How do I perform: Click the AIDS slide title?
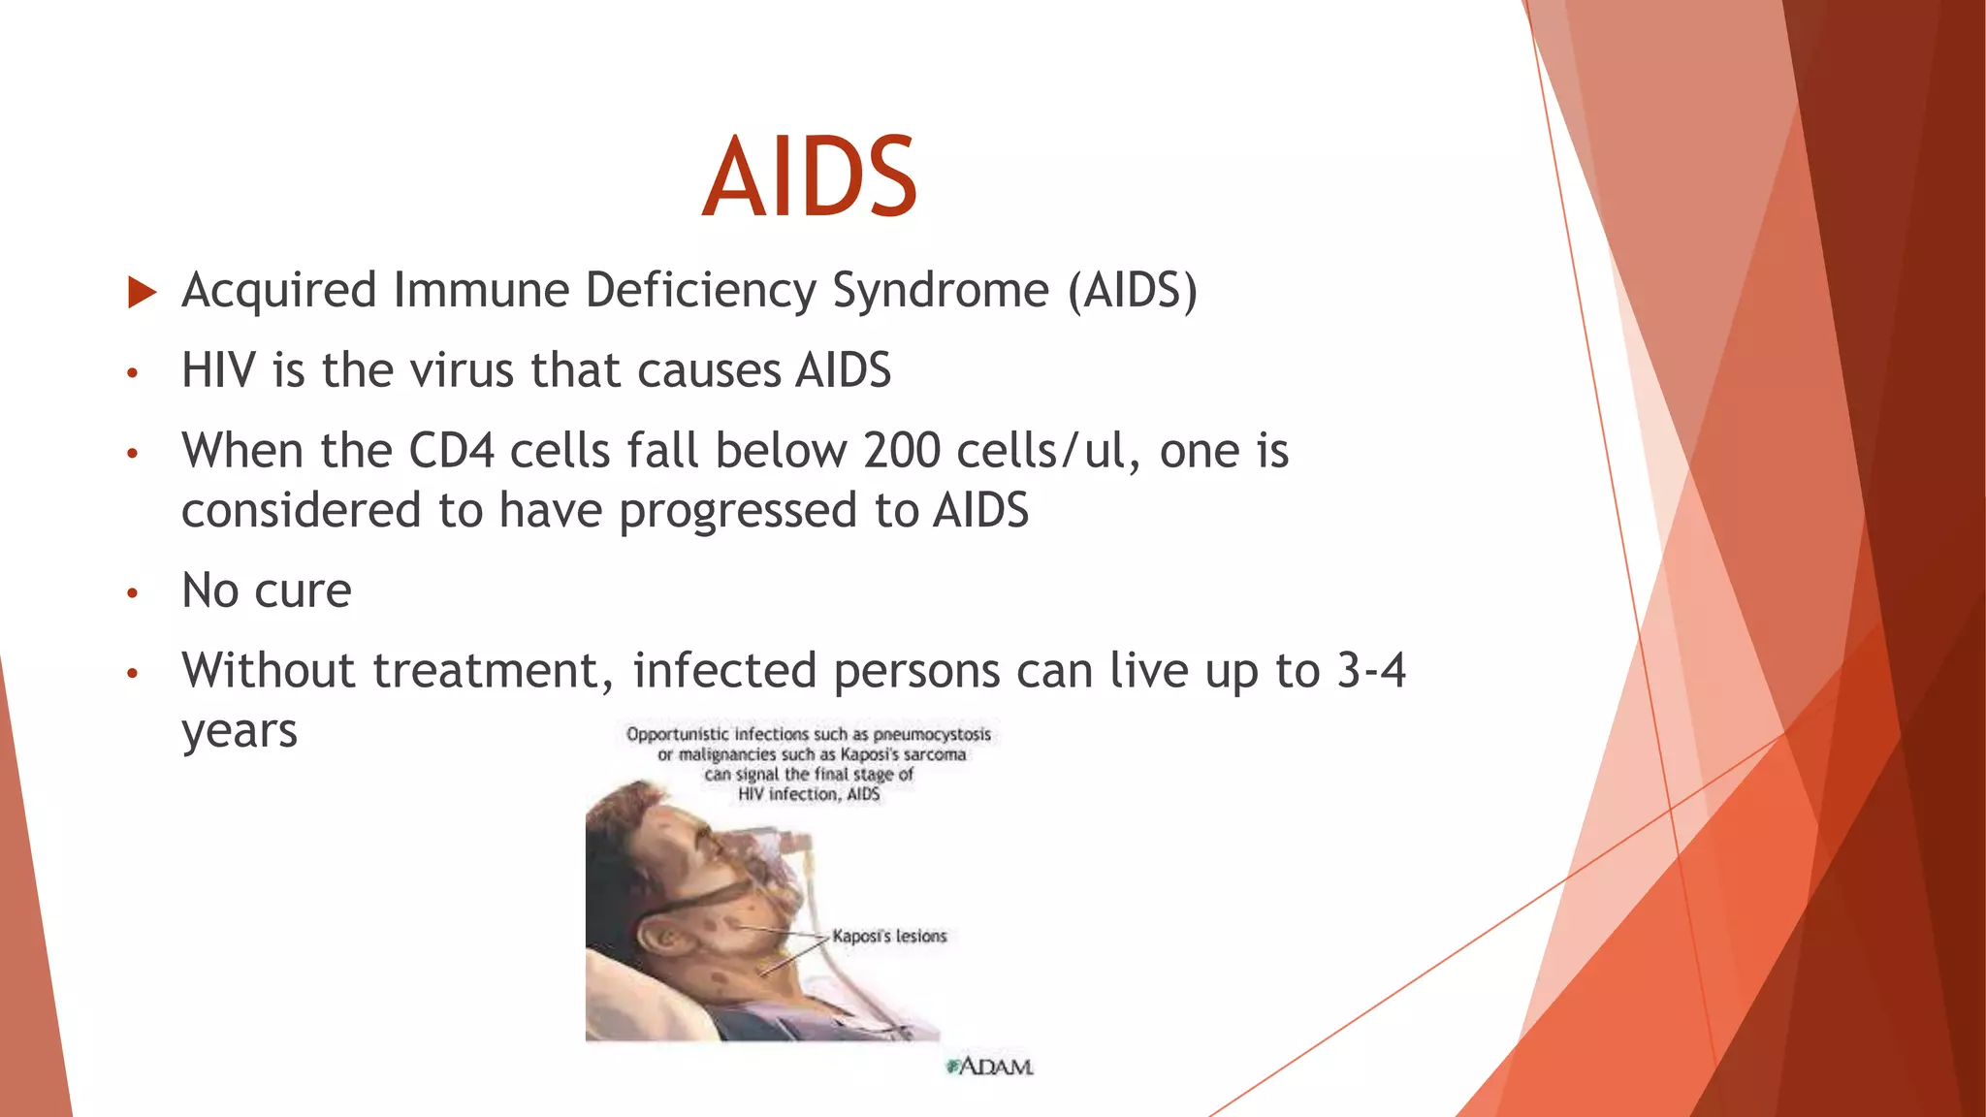(x=809, y=176)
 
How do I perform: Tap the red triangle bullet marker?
(x=142, y=292)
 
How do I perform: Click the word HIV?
(x=219, y=370)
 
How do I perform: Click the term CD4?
(x=451, y=451)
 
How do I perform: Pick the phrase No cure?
(x=267, y=590)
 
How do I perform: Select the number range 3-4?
(x=1371, y=671)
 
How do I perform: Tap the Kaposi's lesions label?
(x=889, y=937)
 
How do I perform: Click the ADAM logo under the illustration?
(x=990, y=1067)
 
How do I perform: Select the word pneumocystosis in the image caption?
(x=932, y=735)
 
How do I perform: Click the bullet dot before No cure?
(x=133, y=593)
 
